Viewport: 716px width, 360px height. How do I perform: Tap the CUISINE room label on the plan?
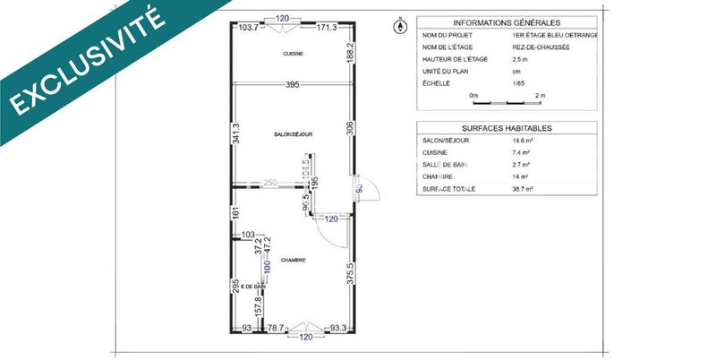coord(293,54)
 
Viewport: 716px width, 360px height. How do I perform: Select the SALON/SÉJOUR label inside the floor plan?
coord(293,133)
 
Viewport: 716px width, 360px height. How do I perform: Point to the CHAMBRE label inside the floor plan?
coord(293,261)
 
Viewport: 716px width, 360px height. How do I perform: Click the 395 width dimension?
coord(292,84)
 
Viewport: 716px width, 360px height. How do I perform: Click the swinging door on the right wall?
coord(368,188)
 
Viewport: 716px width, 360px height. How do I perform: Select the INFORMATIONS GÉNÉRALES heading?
coord(506,22)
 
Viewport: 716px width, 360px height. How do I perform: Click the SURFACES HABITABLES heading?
coord(506,128)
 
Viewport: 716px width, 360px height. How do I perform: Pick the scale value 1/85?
coord(519,82)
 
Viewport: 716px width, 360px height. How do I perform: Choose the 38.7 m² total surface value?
coord(523,190)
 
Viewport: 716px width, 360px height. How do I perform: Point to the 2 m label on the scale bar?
coord(540,95)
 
